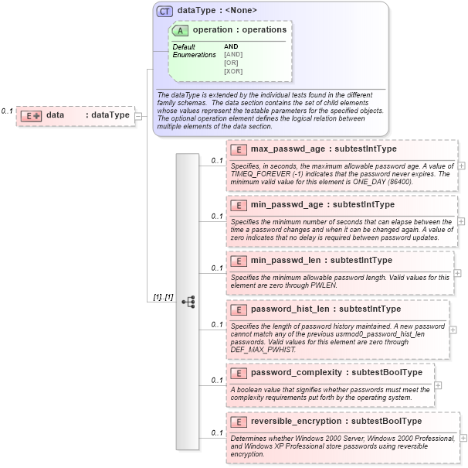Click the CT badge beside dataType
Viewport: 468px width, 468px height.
tap(164, 11)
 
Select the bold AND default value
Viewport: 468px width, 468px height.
tap(231, 46)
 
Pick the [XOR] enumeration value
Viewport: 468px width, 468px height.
tap(233, 71)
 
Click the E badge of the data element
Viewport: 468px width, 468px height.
tap(31, 115)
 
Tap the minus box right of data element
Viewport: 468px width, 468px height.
tap(138, 116)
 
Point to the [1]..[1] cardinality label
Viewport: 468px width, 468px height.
tap(162, 297)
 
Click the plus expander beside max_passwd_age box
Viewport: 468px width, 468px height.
tap(461, 166)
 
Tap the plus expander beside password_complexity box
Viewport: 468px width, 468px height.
tap(439, 384)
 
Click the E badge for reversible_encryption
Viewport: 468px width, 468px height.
tap(239, 422)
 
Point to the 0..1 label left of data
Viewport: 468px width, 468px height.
tap(7, 111)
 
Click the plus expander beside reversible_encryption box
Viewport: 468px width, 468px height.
tap(463, 438)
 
